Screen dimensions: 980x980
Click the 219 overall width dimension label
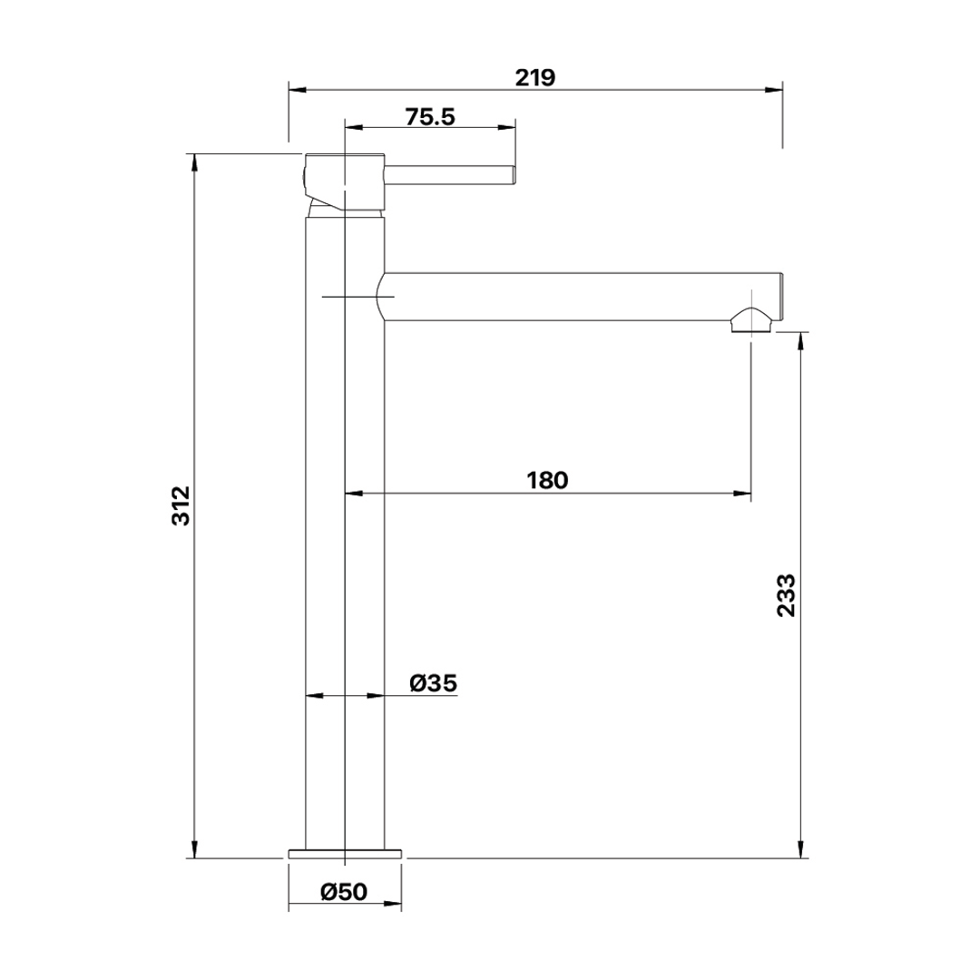[535, 77]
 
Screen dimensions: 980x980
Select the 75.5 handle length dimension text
[430, 117]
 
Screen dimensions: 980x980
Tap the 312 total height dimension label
[181, 505]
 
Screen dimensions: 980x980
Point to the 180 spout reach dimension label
[547, 480]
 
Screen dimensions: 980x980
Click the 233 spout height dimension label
[786, 595]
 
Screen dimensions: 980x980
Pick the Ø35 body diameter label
[433, 683]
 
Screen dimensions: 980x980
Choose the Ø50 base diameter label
[345, 891]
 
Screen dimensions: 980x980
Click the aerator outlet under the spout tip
[752, 320]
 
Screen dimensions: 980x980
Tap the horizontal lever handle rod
[449, 176]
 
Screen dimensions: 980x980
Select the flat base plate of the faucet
[345, 853]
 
